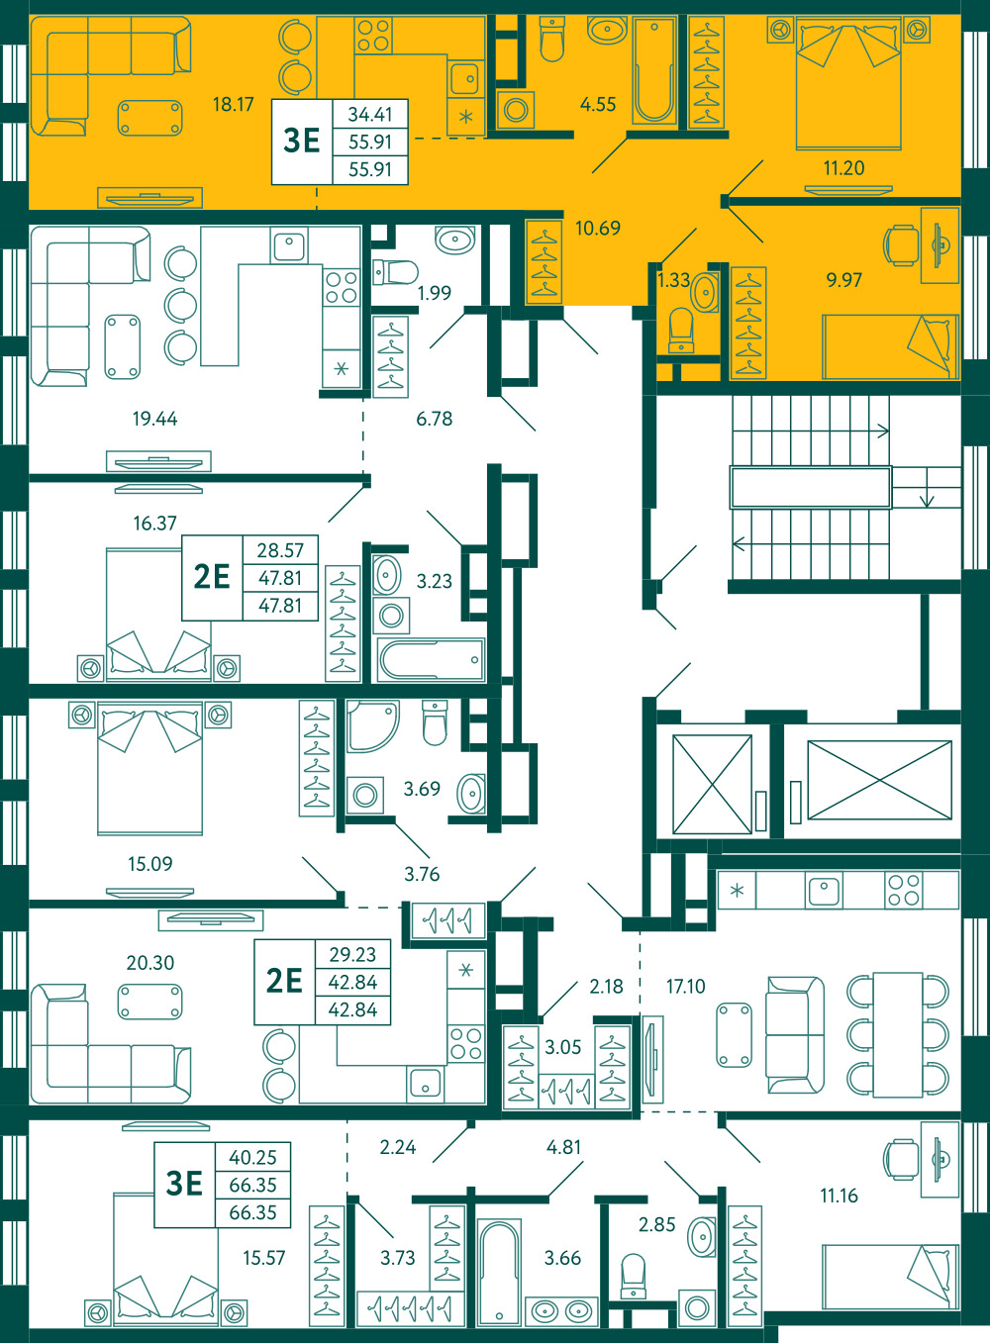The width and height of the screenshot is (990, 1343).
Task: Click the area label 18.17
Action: point(234,104)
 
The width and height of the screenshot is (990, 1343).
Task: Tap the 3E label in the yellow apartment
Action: point(302,141)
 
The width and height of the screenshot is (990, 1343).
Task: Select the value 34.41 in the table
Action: point(370,114)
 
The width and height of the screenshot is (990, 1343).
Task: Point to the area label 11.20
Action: point(843,168)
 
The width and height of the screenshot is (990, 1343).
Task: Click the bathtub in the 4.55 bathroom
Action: point(654,70)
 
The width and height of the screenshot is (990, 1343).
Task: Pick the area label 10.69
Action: point(598,229)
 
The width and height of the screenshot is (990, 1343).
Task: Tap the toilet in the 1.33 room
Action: point(680,331)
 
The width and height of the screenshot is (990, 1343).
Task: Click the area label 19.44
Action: point(154,419)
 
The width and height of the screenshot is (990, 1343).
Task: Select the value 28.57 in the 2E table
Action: point(280,550)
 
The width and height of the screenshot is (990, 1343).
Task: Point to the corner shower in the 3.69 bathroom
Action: point(372,726)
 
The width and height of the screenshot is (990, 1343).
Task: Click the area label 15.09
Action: point(149,864)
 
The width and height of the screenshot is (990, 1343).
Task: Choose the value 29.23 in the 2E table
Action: point(352,954)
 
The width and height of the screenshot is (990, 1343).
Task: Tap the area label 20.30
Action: point(149,963)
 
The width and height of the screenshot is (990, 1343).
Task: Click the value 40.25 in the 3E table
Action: point(252,1157)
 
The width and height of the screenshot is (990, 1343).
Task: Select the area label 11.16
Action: point(839,1196)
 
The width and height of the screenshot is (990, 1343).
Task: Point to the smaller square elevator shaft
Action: point(712,784)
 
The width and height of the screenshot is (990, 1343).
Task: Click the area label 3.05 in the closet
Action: point(563,1047)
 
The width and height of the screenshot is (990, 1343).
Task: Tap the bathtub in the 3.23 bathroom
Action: point(431,659)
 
